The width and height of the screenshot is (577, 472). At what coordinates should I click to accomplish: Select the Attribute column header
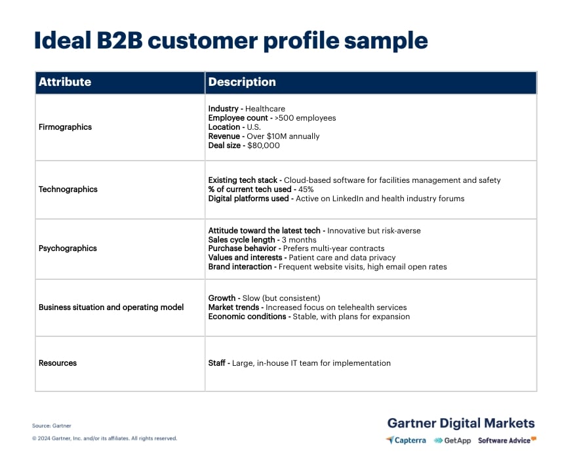click(x=65, y=82)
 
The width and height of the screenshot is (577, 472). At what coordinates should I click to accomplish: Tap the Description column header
click(x=242, y=82)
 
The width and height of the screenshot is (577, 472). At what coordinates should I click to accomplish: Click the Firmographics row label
click(x=65, y=127)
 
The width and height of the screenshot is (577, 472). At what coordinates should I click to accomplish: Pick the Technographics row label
click(x=68, y=189)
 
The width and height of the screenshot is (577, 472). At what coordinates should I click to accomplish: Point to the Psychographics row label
click(x=68, y=248)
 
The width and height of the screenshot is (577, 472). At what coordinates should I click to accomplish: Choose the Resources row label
click(x=58, y=363)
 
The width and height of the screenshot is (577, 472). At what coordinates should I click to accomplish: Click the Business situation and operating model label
click(x=111, y=307)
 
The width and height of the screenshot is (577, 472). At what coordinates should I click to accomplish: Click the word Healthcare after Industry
click(x=265, y=109)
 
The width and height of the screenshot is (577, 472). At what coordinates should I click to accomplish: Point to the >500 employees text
click(x=305, y=118)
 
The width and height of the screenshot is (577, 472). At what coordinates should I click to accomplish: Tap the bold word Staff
click(x=218, y=363)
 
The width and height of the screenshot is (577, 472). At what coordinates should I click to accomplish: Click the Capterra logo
click(x=406, y=441)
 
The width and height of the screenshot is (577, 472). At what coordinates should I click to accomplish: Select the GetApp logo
click(x=452, y=441)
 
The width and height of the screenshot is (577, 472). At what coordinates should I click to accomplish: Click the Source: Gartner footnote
click(x=51, y=426)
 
